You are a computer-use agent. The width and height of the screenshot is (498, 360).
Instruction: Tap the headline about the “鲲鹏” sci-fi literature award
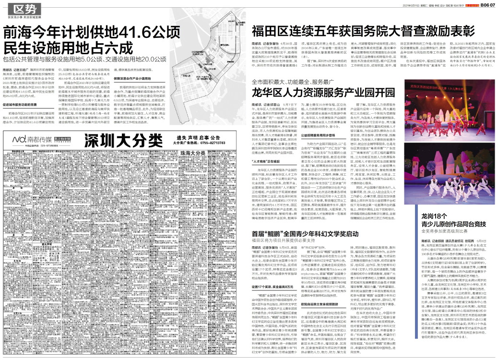pyautogui.click(x=305, y=233)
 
